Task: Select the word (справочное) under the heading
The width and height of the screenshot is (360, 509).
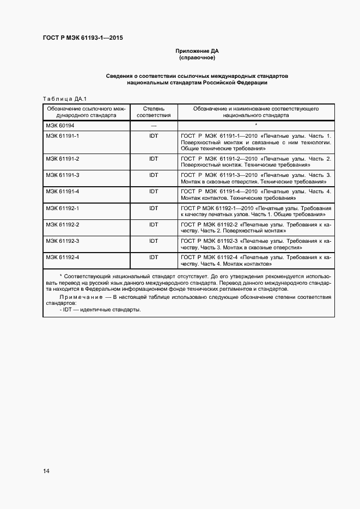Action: tap(197, 57)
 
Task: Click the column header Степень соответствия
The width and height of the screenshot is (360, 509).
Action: tap(154, 112)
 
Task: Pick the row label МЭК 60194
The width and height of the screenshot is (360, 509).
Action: tap(59, 125)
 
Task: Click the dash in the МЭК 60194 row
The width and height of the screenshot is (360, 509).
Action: tap(154, 126)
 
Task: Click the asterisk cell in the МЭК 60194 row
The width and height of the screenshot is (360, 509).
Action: tap(256, 125)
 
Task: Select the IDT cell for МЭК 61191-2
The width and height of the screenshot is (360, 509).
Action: tap(154, 158)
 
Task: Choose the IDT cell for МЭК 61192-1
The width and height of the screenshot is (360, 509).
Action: tap(154, 208)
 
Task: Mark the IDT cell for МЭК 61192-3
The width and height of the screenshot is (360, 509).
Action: tap(154, 241)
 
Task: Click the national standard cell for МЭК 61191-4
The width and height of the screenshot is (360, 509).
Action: tap(256, 195)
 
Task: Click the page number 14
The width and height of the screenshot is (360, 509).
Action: tap(46, 471)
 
